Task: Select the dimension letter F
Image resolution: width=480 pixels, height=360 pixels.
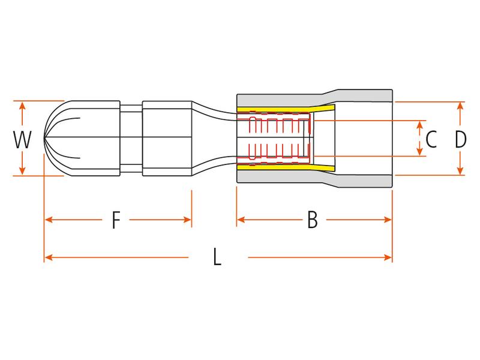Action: click(116, 221)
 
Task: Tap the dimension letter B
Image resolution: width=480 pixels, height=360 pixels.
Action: click(312, 221)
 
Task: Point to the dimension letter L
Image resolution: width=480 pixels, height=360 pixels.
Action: click(218, 259)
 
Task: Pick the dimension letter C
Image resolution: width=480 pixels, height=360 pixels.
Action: click(431, 140)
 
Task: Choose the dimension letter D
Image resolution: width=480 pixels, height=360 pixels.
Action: click(460, 140)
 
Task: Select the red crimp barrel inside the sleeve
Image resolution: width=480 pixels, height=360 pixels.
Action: click(279, 139)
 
